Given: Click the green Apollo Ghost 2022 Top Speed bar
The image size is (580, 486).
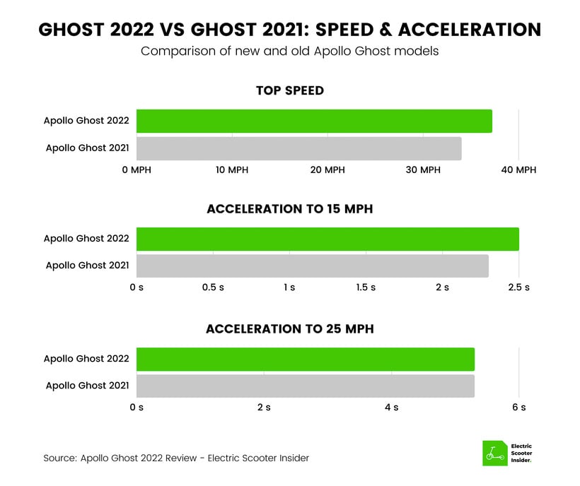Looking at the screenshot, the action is pyautogui.click(x=314, y=121).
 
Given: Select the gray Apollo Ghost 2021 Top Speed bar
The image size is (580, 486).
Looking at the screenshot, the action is pyautogui.click(x=299, y=148).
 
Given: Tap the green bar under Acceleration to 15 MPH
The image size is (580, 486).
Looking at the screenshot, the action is pyautogui.click(x=327, y=239).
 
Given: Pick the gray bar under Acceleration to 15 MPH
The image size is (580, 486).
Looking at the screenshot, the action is pyautogui.click(x=313, y=266).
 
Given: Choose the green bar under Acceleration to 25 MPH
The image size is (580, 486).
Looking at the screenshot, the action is pyautogui.click(x=306, y=359).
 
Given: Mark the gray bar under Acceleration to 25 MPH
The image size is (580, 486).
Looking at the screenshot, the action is pyautogui.click(x=306, y=386).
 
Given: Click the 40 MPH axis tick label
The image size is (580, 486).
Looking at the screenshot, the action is pyautogui.click(x=518, y=170).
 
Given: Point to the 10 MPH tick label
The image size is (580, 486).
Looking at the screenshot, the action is pyautogui.click(x=232, y=170).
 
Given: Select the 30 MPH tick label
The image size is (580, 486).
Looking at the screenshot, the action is pyautogui.click(x=423, y=170).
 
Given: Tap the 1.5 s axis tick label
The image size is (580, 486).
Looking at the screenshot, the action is pyautogui.click(x=366, y=288).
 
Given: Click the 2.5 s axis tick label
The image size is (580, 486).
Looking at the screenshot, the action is pyautogui.click(x=518, y=288).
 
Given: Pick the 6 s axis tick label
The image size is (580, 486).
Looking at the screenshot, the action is pyautogui.click(x=519, y=408).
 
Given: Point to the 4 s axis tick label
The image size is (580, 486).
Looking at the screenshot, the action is pyautogui.click(x=392, y=408).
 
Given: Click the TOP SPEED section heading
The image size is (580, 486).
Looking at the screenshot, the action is pyautogui.click(x=290, y=90).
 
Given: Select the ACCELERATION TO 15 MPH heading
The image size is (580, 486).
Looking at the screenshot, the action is pyautogui.click(x=290, y=209).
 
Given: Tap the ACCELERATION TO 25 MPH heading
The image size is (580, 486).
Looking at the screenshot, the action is pyautogui.click(x=290, y=328).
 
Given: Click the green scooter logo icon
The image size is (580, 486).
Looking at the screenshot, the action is pyautogui.click(x=495, y=453).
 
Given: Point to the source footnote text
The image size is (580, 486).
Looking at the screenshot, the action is pyautogui.click(x=176, y=458).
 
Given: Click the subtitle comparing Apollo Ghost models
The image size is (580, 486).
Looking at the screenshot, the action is pyautogui.click(x=289, y=51).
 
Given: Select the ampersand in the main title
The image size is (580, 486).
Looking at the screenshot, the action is pyautogui.click(x=385, y=30).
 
